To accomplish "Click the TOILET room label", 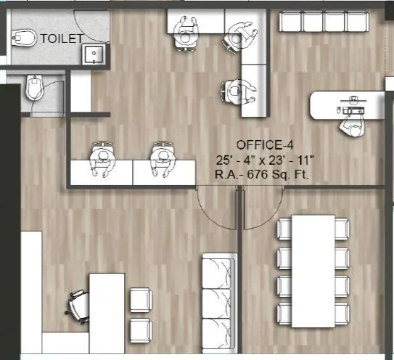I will [x=61, y=38].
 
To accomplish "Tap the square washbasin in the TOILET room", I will [x=92, y=54].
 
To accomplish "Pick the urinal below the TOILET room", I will [x=33, y=90].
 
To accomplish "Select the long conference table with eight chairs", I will [x=313, y=272].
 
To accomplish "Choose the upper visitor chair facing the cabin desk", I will [x=140, y=298].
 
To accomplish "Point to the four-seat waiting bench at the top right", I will [x=324, y=22].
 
